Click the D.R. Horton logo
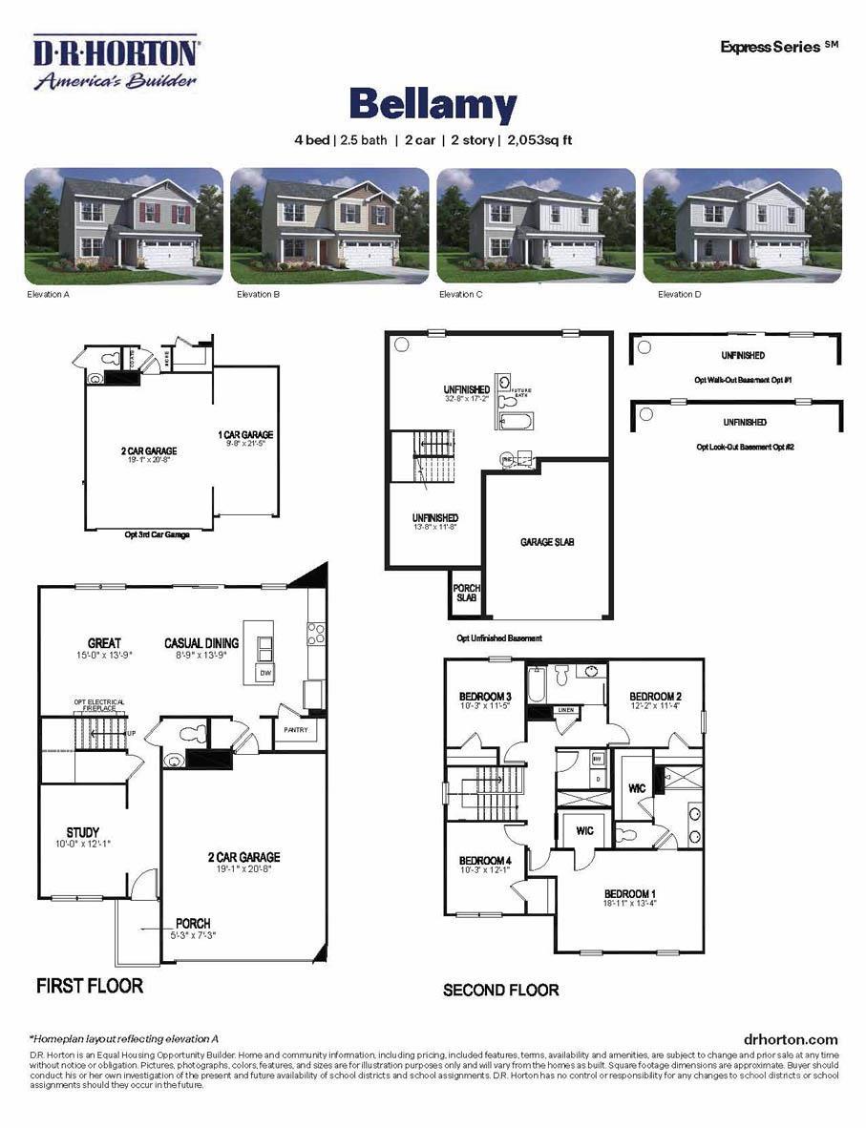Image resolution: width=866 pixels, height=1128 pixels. (x=116, y=63)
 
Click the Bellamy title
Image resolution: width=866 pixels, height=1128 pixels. (x=433, y=104)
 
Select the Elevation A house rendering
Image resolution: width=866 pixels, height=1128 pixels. (x=123, y=225)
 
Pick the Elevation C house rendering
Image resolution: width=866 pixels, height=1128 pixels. (x=536, y=225)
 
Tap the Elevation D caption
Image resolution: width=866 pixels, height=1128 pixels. (x=679, y=295)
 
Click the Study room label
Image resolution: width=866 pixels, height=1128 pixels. (x=83, y=832)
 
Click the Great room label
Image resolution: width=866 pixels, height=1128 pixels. (x=104, y=643)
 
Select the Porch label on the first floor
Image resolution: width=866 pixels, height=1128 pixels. (x=193, y=924)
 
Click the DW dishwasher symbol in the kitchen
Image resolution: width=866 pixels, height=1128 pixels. (x=264, y=674)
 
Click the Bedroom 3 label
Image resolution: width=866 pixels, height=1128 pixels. (x=486, y=697)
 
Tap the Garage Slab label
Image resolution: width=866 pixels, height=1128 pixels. (x=547, y=542)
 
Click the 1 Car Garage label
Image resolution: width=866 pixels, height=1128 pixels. (x=245, y=435)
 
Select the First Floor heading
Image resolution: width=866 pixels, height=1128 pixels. (x=90, y=985)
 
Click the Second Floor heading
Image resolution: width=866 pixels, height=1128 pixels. (x=500, y=990)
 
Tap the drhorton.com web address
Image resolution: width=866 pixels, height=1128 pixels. (x=790, y=1039)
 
